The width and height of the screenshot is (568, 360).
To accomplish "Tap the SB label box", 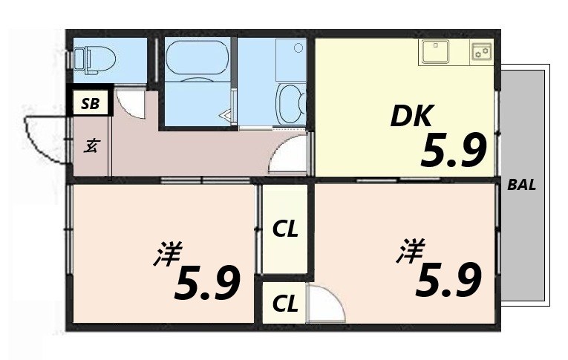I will (90, 103).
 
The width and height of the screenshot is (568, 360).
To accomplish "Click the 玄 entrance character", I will (90, 146).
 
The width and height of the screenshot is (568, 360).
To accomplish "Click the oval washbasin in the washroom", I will (290, 101).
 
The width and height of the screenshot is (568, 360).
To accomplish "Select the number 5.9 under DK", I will (453, 151).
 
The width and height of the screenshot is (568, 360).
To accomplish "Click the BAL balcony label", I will (522, 186).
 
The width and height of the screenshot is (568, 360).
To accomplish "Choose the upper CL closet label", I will (285, 229).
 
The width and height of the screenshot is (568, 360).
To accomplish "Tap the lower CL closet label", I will (285, 303).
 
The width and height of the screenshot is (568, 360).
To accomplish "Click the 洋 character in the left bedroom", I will (168, 255).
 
